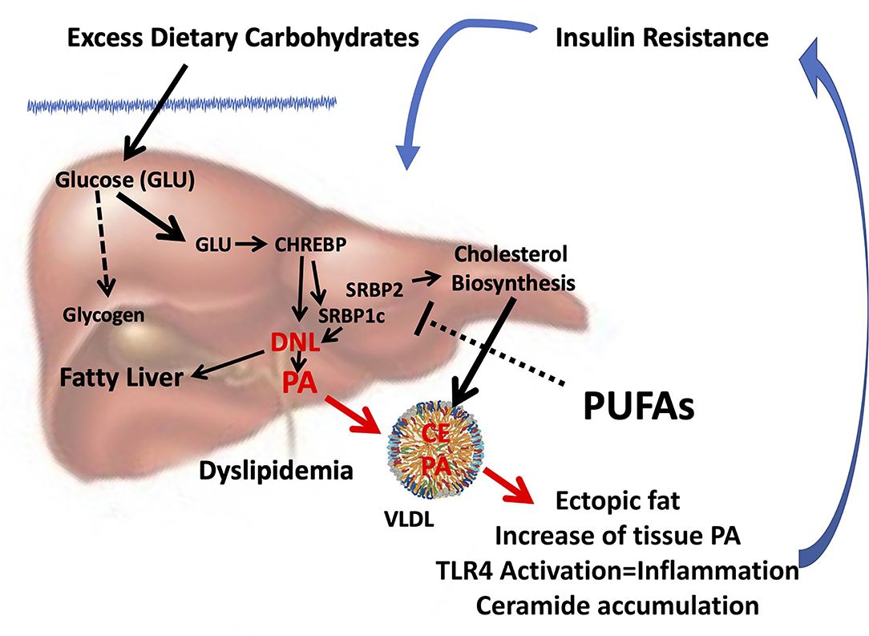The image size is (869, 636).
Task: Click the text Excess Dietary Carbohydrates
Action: click(x=244, y=38)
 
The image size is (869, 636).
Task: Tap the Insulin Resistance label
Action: click(x=661, y=38)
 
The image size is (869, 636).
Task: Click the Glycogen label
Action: click(x=104, y=314)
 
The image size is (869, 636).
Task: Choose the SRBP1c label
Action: click(x=352, y=316)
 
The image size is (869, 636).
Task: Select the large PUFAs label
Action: click(x=637, y=407)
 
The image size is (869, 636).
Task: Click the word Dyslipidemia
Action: click(x=277, y=469)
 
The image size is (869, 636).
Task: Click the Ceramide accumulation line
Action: click(x=617, y=604)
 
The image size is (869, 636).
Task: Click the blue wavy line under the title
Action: click(x=180, y=103)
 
